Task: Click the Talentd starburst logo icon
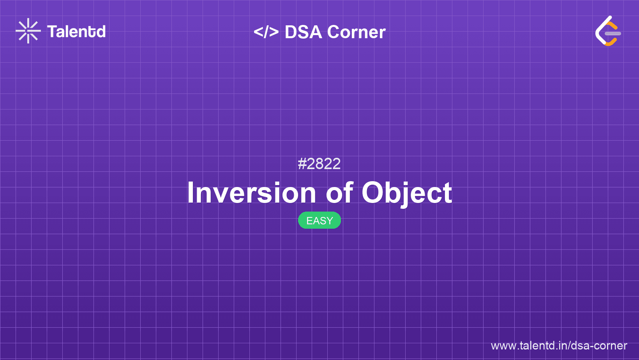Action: click(x=28, y=31)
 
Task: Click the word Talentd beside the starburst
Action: click(x=76, y=32)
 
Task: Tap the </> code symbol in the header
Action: click(x=266, y=32)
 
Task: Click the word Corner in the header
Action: click(x=356, y=32)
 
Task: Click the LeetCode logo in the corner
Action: click(x=608, y=31)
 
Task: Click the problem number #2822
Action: click(x=319, y=164)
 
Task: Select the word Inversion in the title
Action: click(x=251, y=193)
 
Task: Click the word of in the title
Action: click(x=339, y=193)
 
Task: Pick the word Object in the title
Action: click(x=407, y=193)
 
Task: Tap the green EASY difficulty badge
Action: click(x=319, y=221)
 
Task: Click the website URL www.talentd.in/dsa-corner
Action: click(x=559, y=346)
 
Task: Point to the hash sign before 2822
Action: click(x=302, y=164)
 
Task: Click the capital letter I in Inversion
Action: click(x=191, y=193)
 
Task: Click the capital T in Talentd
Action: click(x=52, y=32)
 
